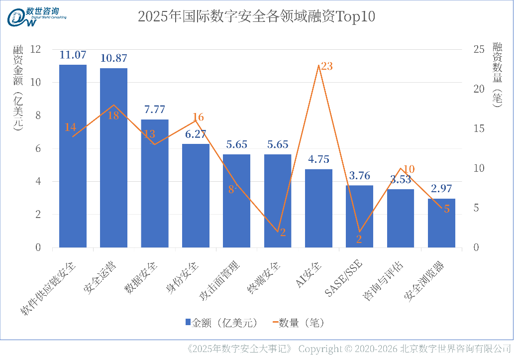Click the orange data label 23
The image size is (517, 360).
click(326, 66)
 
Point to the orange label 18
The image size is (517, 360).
click(113, 116)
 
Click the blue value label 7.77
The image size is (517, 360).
click(154, 110)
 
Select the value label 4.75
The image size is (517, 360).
click(318, 159)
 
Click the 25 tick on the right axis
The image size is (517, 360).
click(479, 49)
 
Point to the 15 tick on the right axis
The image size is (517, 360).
click(479, 128)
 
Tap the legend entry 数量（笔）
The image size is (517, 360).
click(297, 323)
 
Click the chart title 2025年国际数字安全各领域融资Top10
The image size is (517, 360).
click(256, 17)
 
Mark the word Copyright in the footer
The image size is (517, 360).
click(320, 349)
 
